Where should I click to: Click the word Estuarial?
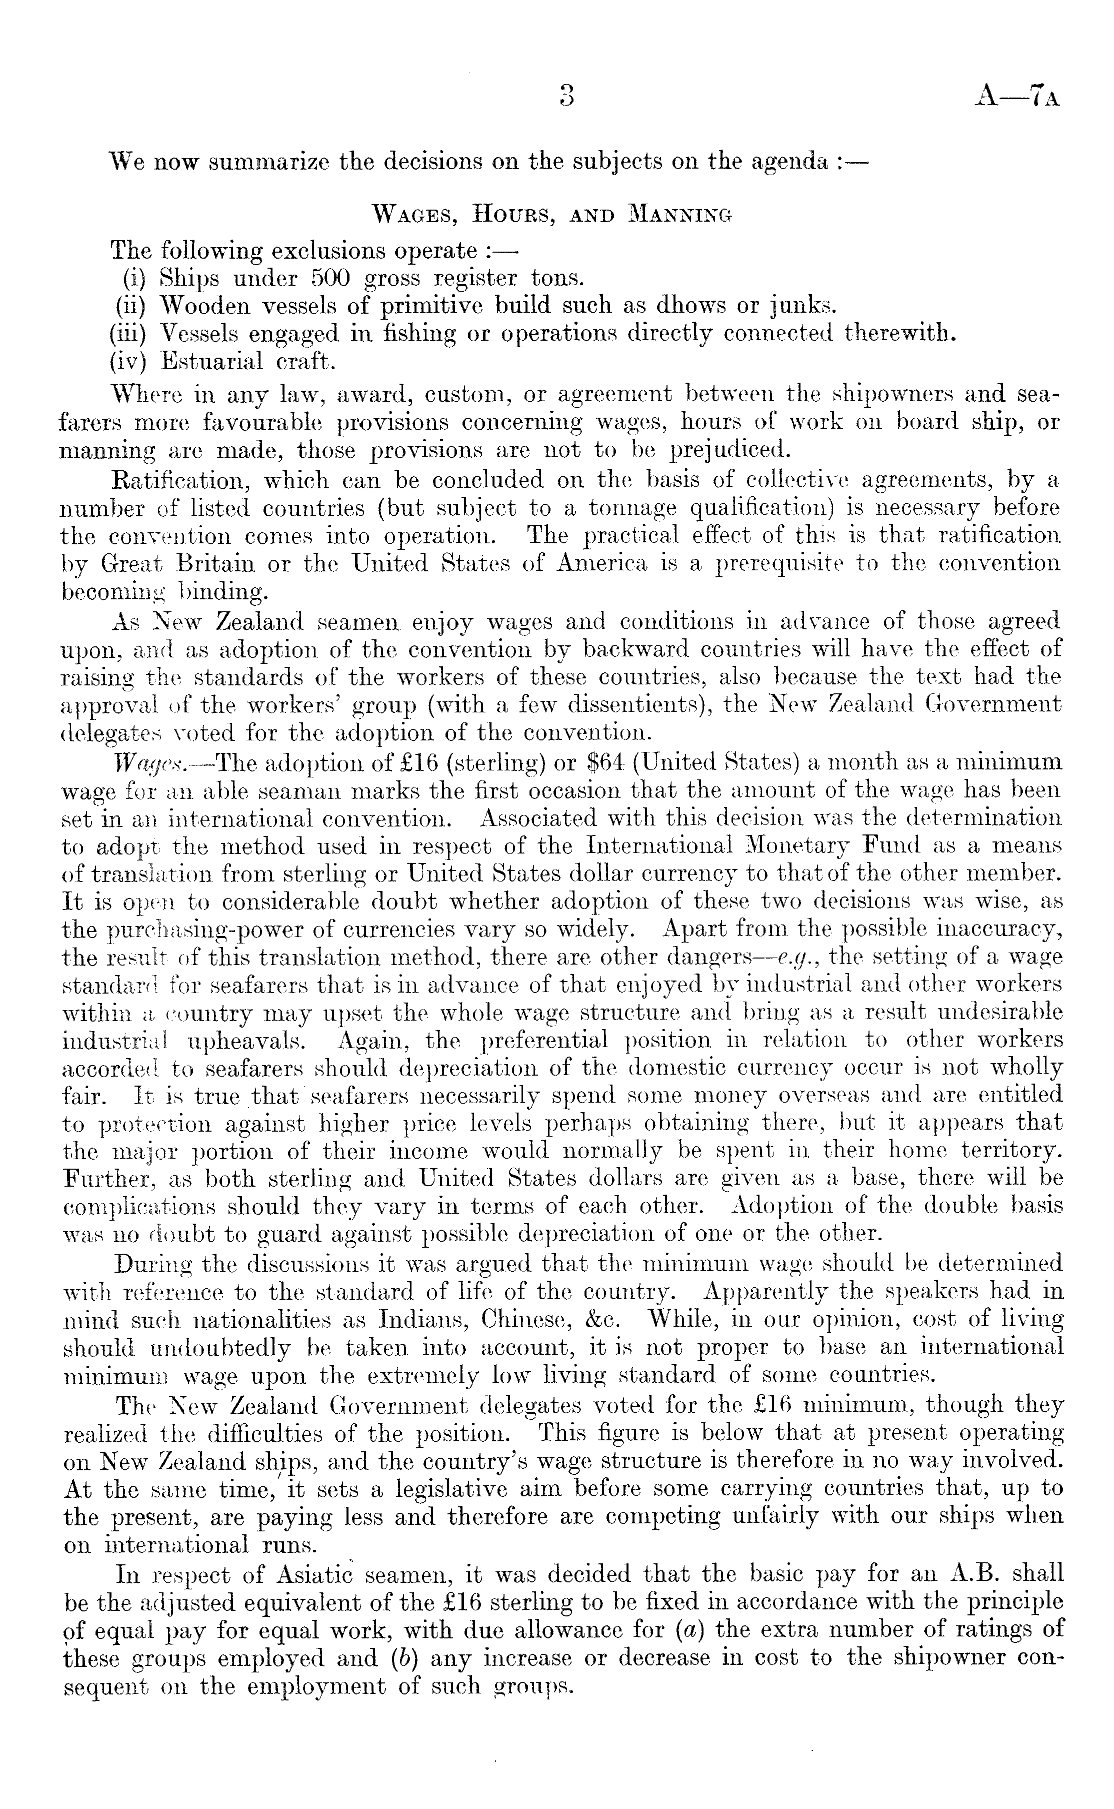(x=211, y=361)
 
